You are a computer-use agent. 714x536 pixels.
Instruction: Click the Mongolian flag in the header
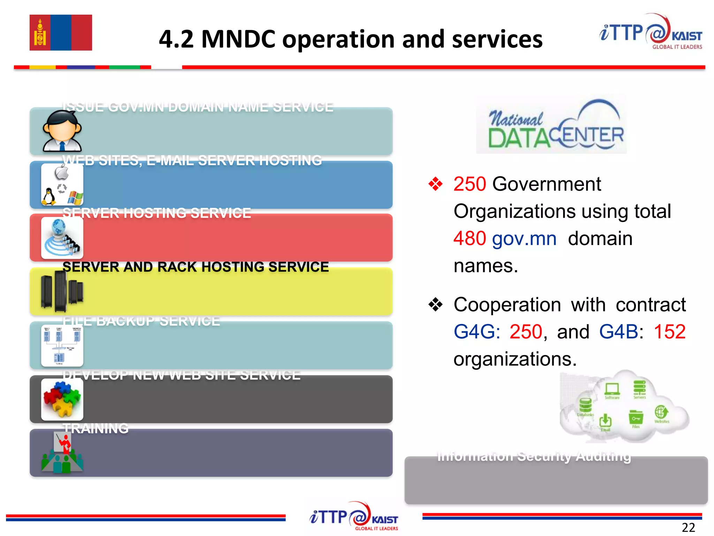61,32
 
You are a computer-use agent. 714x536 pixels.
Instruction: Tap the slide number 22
688,527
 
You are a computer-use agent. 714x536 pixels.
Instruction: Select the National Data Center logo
552,125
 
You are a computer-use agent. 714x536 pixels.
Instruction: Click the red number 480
470,239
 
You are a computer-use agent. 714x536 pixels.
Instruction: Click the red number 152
669,332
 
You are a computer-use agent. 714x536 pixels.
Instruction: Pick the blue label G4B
618,332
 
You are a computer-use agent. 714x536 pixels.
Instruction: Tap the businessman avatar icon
62,131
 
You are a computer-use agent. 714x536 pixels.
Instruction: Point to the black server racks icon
62,291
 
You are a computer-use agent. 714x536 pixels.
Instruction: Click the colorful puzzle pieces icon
62,399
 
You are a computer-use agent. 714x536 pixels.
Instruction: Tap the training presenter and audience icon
62,453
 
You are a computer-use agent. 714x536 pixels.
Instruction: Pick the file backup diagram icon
62,345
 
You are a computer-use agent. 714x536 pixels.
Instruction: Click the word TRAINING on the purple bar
96,429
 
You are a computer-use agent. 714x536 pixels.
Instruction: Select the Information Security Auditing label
534,456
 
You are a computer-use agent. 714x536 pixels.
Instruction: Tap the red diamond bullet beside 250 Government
435,184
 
